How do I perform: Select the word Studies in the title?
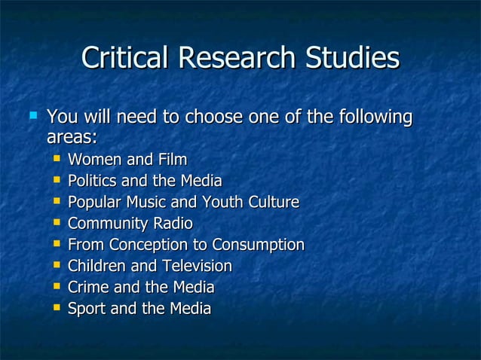[349, 59]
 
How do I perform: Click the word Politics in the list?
[93, 181]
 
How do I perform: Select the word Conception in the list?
[153, 245]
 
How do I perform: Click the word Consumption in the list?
[259, 245]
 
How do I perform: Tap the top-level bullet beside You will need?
[32, 117]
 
